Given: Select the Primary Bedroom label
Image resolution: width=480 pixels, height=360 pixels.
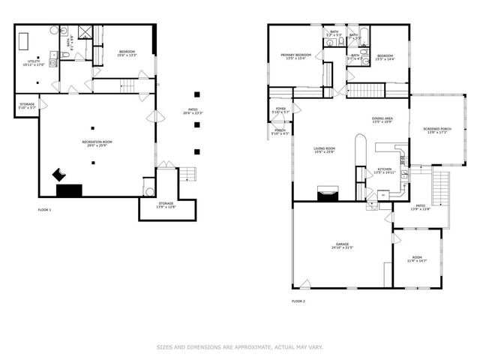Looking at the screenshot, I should [x=296, y=57].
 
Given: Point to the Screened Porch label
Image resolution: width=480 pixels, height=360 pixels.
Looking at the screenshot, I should [x=436, y=131].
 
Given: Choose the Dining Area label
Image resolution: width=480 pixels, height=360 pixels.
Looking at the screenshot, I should [x=382, y=120].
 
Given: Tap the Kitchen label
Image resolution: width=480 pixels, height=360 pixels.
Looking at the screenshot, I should [x=385, y=170].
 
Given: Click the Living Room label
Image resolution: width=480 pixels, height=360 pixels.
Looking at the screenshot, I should [x=325, y=151].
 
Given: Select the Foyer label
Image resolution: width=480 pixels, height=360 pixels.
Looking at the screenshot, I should [x=280, y=111].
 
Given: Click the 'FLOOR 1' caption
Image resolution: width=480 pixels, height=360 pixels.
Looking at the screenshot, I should [x=45, y=210].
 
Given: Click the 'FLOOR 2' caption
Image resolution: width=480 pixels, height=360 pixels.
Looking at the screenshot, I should [x=298, y=301].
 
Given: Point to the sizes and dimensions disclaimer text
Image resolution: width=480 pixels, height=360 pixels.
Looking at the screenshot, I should [x=239, y=346].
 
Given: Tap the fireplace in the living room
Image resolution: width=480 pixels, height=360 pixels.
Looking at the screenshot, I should [x=328, y=194].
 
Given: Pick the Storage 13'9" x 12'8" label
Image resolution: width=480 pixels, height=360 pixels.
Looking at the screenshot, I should [x=166, y=205].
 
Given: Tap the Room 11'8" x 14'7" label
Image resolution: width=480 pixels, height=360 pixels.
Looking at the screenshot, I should [x=417, y=259].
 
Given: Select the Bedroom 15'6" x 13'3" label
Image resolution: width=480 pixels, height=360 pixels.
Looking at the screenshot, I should [x=126, y=53].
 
